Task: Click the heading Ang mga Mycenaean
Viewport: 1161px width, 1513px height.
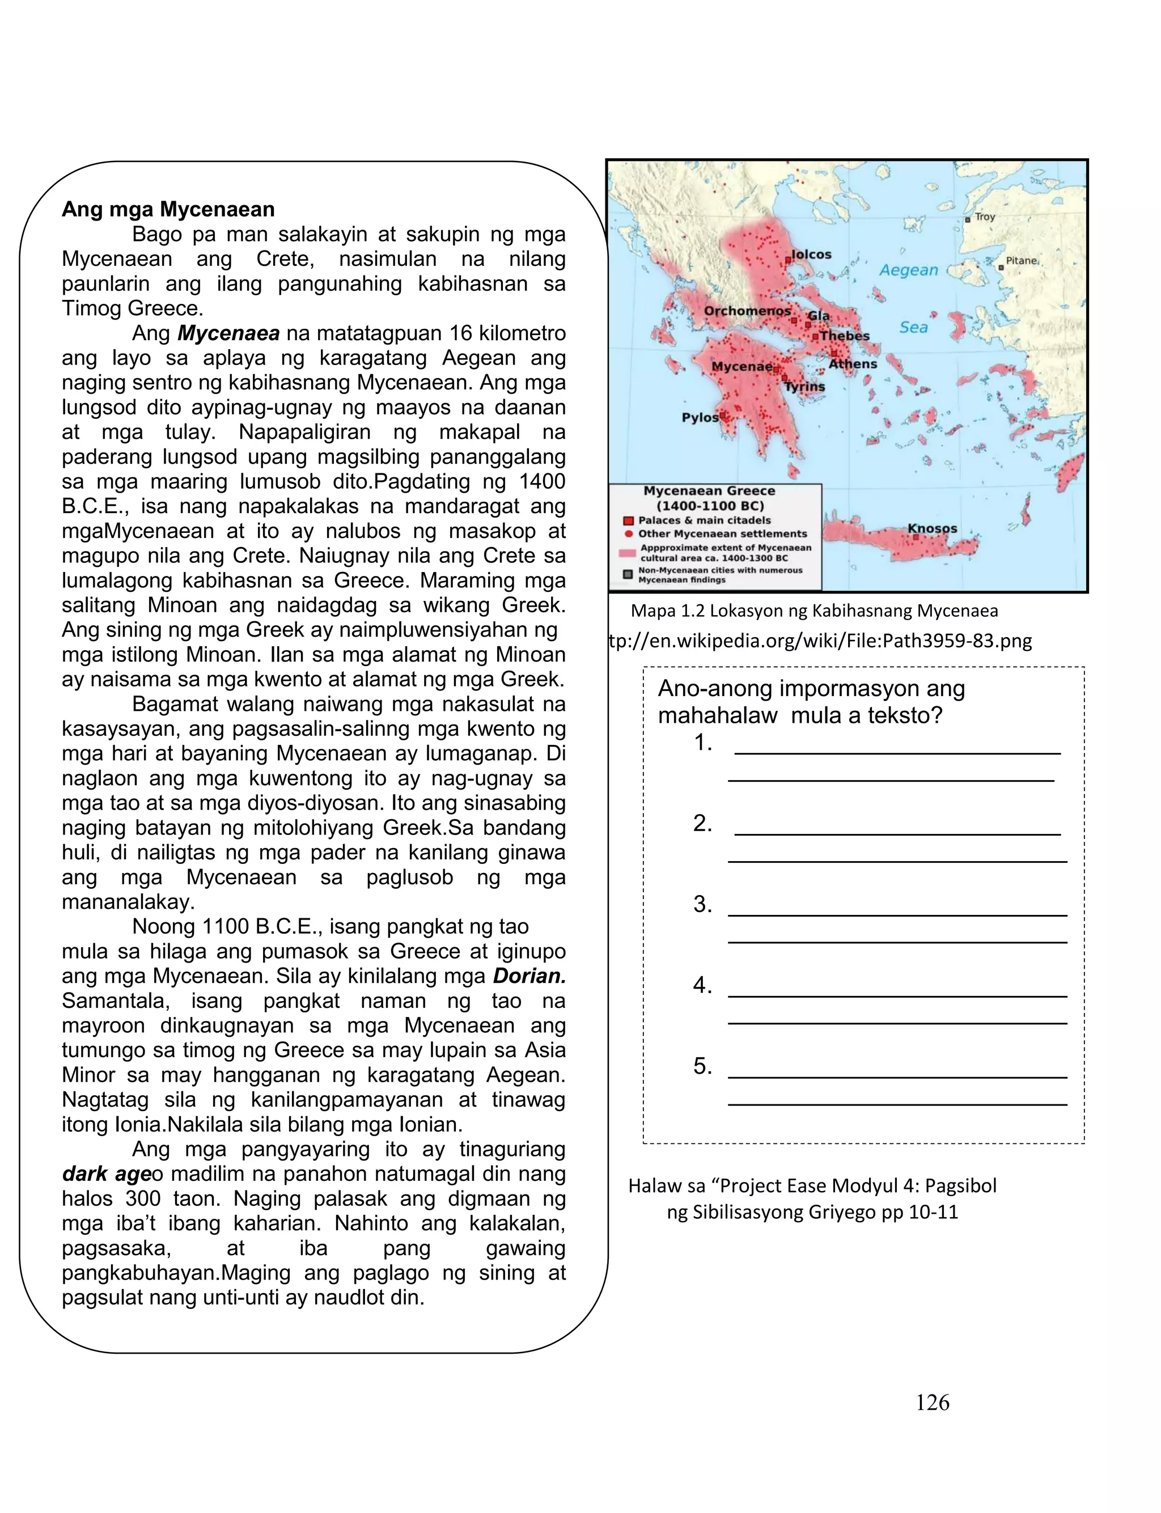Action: (168, 209)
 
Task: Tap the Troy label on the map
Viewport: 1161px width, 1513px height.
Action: (985, 217)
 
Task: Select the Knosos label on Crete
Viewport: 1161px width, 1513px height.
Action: (932, 528)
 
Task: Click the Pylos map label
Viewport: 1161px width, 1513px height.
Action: (700, 417)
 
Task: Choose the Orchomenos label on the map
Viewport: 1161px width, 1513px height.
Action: (747, 311)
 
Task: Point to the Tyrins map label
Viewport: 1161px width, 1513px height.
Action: (804, 387)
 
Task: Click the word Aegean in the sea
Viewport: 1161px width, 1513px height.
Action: (909, 270)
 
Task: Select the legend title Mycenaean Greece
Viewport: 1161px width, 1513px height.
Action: (709, 491)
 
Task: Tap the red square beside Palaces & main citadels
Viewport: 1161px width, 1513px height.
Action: (629, 521)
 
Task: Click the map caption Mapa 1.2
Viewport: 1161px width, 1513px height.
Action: (814, 611)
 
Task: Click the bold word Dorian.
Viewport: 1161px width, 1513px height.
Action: (529, 976)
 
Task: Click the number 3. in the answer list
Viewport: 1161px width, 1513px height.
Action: (702, 904)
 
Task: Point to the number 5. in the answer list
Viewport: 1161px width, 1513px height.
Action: (702, 1066)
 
